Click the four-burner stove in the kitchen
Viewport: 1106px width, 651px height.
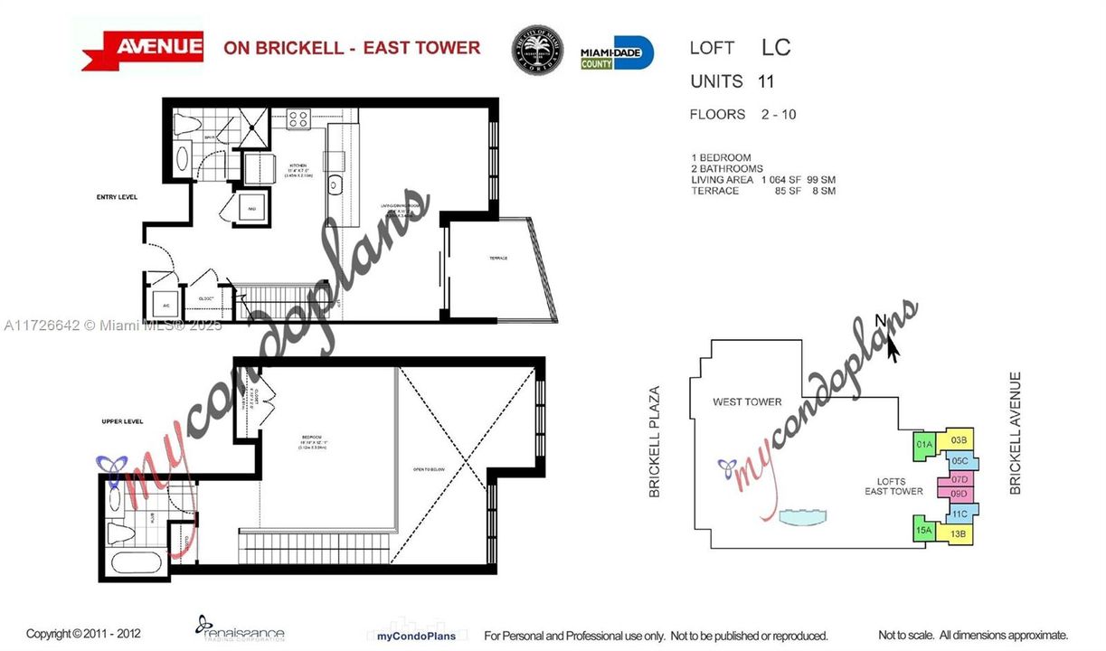[x=298, y=118]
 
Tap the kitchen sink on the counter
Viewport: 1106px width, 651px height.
[x=334, y=184]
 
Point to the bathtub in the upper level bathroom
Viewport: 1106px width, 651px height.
[x=136, y=561]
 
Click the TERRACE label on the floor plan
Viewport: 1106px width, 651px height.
[x=498, y=258]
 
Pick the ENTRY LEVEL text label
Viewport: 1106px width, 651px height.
[x=118, y=196]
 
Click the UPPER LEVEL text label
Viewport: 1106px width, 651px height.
[x=118, y=422]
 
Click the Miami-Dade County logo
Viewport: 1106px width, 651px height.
[x=617, y=52]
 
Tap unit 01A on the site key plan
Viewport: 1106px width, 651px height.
[x=924, y=444]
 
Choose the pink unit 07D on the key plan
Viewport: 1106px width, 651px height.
[x=959, y=478]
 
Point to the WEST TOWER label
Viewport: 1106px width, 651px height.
[x=747, y=401]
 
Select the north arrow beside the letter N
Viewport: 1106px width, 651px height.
[x=893, y=347]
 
